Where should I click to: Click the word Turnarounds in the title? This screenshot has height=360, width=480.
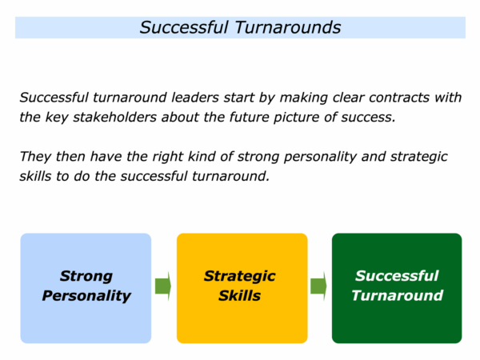[x=288, y=27]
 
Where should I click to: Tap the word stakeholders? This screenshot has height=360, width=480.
[x=114, y=118]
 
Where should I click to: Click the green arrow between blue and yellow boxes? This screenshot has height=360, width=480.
[x=163, y=286]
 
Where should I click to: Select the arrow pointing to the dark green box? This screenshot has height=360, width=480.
[x=318, y=286]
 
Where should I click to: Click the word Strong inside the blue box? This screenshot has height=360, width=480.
[x=86, y=277]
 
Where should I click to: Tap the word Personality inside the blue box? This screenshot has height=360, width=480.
[x=86, y=296]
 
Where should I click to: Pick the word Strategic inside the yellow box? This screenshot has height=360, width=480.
[x=240, y=277]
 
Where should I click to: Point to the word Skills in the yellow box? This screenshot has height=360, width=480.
[x=240, y=296]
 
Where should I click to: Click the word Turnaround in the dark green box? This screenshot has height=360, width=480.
[x=398, y=296]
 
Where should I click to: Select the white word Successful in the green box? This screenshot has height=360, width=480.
[x=397, y=276]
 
